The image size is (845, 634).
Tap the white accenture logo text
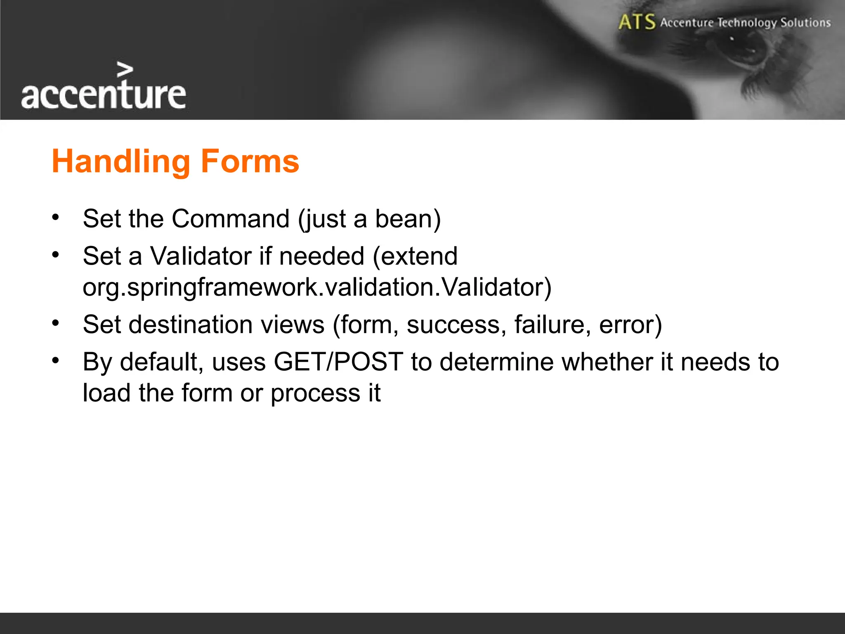[103, 95]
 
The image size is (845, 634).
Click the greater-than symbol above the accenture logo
[125, 70]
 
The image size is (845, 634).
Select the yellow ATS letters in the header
[637, 22]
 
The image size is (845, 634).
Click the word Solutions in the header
[805, 22]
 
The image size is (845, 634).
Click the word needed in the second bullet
[322, 256]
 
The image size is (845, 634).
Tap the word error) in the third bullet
[630, 324]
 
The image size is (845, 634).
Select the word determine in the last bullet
[496, 362]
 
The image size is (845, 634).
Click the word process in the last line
[316, 393]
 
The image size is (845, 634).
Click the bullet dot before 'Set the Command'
[56, 217]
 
